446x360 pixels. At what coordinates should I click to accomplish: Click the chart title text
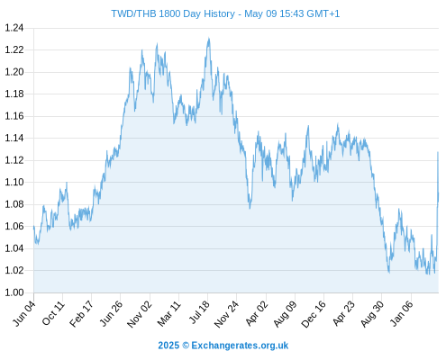tap(225, 13)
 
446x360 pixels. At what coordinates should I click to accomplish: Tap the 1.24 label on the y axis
tap(14, 28)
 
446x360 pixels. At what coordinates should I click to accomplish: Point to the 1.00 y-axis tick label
tap(14, 292)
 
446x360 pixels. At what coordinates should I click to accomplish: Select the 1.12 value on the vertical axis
tap(14, 160)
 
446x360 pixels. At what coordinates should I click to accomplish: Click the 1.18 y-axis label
tap(14, 94)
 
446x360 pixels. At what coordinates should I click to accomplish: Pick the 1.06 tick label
tap(14, 226)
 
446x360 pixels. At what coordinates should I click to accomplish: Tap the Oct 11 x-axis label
tap(53, 313)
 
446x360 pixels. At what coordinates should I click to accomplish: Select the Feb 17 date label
tap(81, 314)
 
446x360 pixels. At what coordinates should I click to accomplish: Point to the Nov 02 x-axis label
tap(140, 314)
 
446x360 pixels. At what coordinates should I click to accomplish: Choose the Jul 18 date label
tap(199, 312)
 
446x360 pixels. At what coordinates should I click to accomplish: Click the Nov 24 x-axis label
tap(226, 314)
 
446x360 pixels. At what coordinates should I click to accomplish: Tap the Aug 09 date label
tap(286, 314)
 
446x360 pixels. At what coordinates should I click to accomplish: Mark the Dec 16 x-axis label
tap(314, 314)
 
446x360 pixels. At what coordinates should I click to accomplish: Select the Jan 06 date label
tap(401, 313)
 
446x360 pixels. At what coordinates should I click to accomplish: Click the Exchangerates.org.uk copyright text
tap(223, 346)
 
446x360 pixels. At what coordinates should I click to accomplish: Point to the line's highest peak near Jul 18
tap(209, 39)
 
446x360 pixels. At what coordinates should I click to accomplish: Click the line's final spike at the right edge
tap(438, 152)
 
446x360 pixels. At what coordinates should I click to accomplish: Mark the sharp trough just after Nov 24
tap(250, 208)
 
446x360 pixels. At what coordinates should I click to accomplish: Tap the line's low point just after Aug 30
tap(389, 273)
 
